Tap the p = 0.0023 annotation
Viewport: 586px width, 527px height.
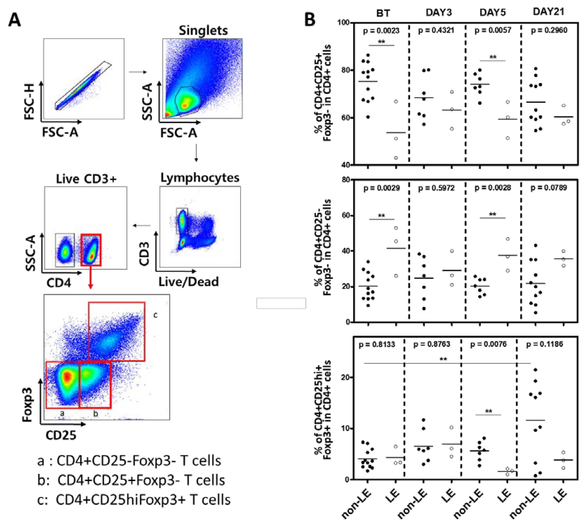(x=381, y=30)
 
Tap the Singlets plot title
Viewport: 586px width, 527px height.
(x=203, y=30)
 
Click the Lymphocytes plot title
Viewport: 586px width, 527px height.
(x=200, y=178)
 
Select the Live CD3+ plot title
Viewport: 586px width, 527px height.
(x=86, y=179)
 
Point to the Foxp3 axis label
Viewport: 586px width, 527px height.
(x=28, y=405)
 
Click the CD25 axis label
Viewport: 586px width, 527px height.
(x=61, y=435)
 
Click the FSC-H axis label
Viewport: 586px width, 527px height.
(x=29, y=101)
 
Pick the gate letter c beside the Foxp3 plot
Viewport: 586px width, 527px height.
(x=156, y=315)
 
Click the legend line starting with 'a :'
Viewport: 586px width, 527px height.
(x=129, y=461)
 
